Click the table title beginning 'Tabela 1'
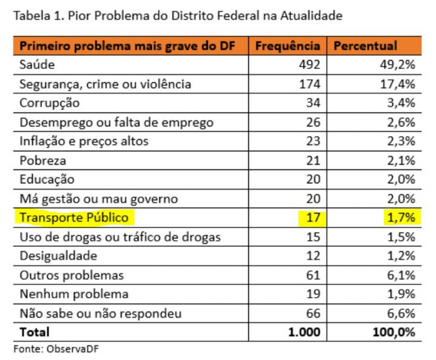pos(178,16)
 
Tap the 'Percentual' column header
pos(365,46)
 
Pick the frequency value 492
pos(309,65)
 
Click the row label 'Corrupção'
pos(49,103)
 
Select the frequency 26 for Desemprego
pos(313,123)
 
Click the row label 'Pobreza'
pos(43,160)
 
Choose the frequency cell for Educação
pos(313,180)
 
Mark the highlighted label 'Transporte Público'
pos(74,218)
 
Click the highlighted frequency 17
pos(313,218)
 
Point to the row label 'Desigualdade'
pos(58,256)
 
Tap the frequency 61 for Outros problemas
pos(313,275)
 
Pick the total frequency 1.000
pos(304,332)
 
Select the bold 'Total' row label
pos(34,332)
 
